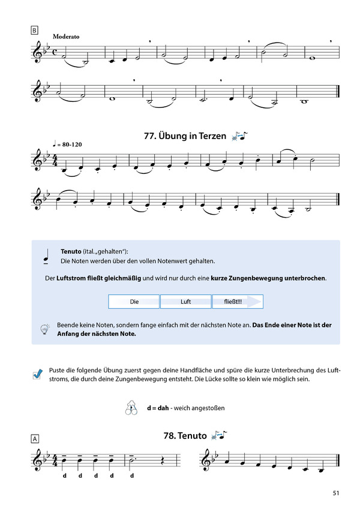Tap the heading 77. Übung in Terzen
click(x=185, y=136)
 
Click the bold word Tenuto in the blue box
click(x=71, y=252)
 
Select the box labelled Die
click(x=134, y=302)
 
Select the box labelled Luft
click(x=185, y=302)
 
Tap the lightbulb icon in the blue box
click(x=44, y=329)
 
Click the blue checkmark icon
click(x=38, y=374)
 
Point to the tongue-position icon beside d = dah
click(x=131, y=408)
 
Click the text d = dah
click(x=158, y=408)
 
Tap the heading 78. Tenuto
click(x=184, y=435)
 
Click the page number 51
click(x=336, y=493)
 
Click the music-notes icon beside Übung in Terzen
click(x=239, y=136)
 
